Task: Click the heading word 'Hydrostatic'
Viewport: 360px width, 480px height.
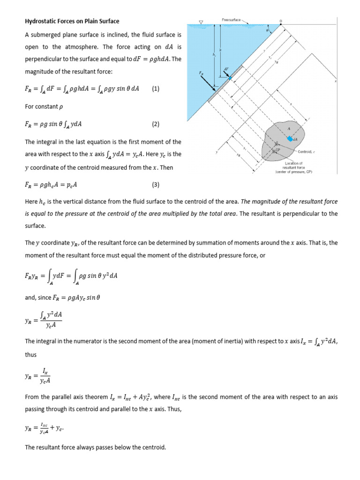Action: [40, 21]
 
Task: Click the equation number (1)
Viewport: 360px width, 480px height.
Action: [156, 89]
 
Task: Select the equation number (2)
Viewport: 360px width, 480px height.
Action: [156, 124]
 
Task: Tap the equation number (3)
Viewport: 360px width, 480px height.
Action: [156, 185]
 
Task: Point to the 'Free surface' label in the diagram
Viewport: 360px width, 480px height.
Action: [231, 20]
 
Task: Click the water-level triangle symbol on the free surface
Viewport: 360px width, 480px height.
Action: [201, 22]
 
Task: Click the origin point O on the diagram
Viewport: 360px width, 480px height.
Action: [281, 21]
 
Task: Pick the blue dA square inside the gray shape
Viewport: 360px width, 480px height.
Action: [290, 138]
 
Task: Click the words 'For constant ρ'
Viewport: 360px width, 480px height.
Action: [44, 106]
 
